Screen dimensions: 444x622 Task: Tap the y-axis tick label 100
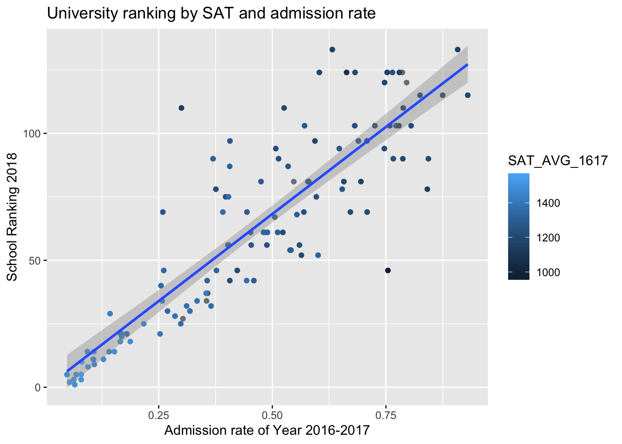point(36,134)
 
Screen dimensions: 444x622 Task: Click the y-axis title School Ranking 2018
point(13,217)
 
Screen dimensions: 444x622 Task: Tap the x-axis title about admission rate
point(267,431)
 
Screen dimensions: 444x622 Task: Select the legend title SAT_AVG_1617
point(557,160)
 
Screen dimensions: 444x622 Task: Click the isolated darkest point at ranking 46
point(388,271)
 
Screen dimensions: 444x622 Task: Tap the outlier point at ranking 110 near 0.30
point(181,108)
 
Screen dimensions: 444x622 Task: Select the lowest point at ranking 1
point(75,385)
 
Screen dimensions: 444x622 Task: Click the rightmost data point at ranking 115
point(467,95)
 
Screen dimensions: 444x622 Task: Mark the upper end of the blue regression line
point(467,64)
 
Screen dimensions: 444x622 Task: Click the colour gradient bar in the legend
point(518,227)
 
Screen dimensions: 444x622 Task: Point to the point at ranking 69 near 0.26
point(162,212)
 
